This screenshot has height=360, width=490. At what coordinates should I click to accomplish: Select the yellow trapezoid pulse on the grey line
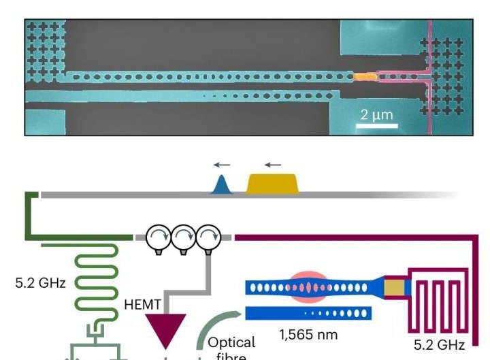[272, 183]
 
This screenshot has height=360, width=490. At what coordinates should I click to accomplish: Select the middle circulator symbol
[183, 238]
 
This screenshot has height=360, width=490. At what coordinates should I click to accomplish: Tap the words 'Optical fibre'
[231, 348]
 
